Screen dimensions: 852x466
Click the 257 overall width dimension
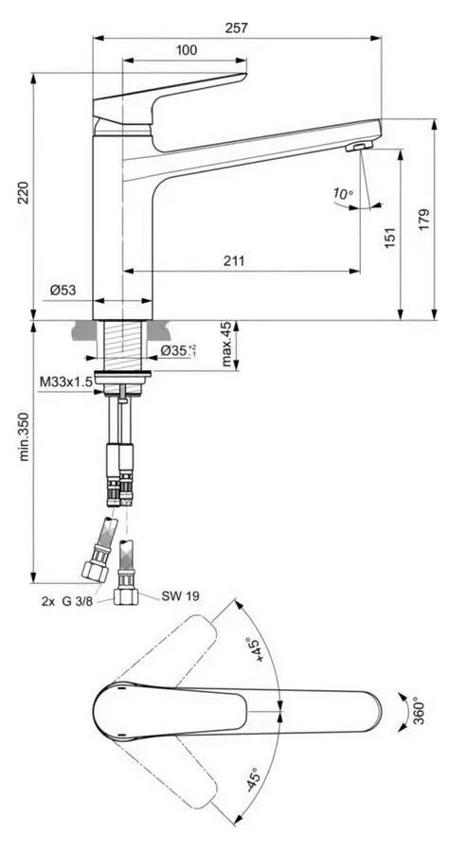coord(237,28)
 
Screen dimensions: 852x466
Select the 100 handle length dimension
coord(188,49)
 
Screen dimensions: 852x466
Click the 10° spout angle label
coord(342,195)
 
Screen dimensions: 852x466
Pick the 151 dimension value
coord(391,242)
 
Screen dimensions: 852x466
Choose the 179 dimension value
coord(423,219)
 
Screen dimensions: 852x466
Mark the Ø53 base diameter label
coord(63,291)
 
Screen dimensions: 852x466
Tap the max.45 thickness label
coord(225,346)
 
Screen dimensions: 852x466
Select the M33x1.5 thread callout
coord(65,382)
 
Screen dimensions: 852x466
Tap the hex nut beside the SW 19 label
coord(126,596)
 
